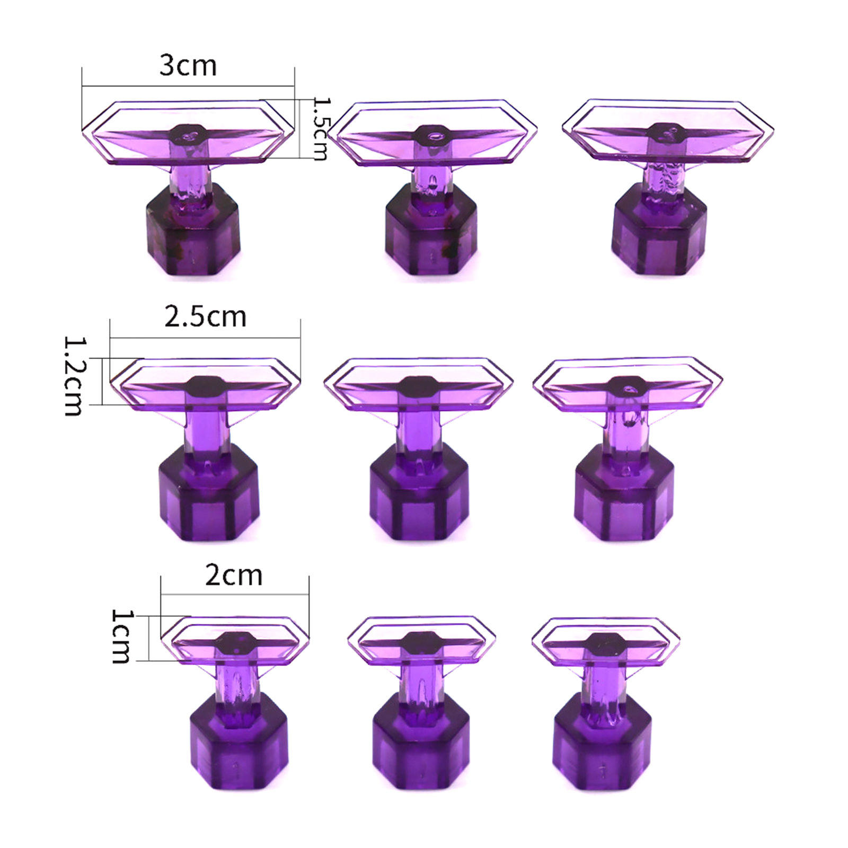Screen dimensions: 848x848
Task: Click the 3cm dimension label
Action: [188, 66]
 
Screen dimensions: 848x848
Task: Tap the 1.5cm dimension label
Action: [321, 128]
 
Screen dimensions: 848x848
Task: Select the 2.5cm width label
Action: [205, 316]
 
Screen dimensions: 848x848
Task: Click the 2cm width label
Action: [234, 575]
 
